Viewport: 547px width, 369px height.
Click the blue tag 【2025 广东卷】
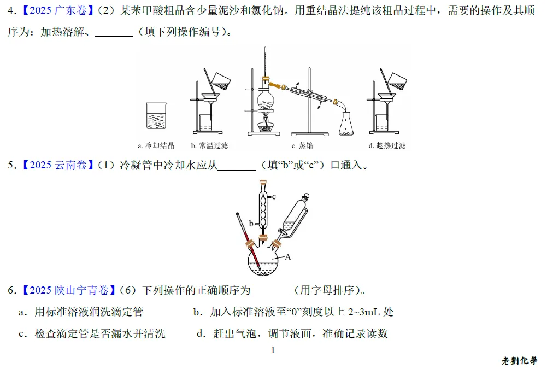(58, 10)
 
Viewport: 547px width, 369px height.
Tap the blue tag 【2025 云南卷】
(58, 165)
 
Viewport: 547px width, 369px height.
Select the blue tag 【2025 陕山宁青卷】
(69, 290)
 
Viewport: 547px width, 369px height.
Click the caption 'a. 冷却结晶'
(156, 145)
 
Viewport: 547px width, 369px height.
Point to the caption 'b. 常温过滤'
(209, 145)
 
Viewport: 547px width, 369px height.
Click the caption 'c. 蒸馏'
(302, 145)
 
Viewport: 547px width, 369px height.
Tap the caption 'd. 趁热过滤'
(387, 145)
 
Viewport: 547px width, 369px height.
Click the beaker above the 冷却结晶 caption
(156, 116)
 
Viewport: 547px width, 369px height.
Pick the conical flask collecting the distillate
(346, 124)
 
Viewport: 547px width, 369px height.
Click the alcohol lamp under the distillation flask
(266, 126)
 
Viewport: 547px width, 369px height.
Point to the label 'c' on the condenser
(274, 197)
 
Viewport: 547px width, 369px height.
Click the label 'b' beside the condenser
(251, 223)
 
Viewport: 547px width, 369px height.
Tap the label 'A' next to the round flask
(288, 257)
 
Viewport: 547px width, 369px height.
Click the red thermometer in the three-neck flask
(249, 241)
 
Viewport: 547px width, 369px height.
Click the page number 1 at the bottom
(273, 350)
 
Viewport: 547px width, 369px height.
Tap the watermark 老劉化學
(520, 361)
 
